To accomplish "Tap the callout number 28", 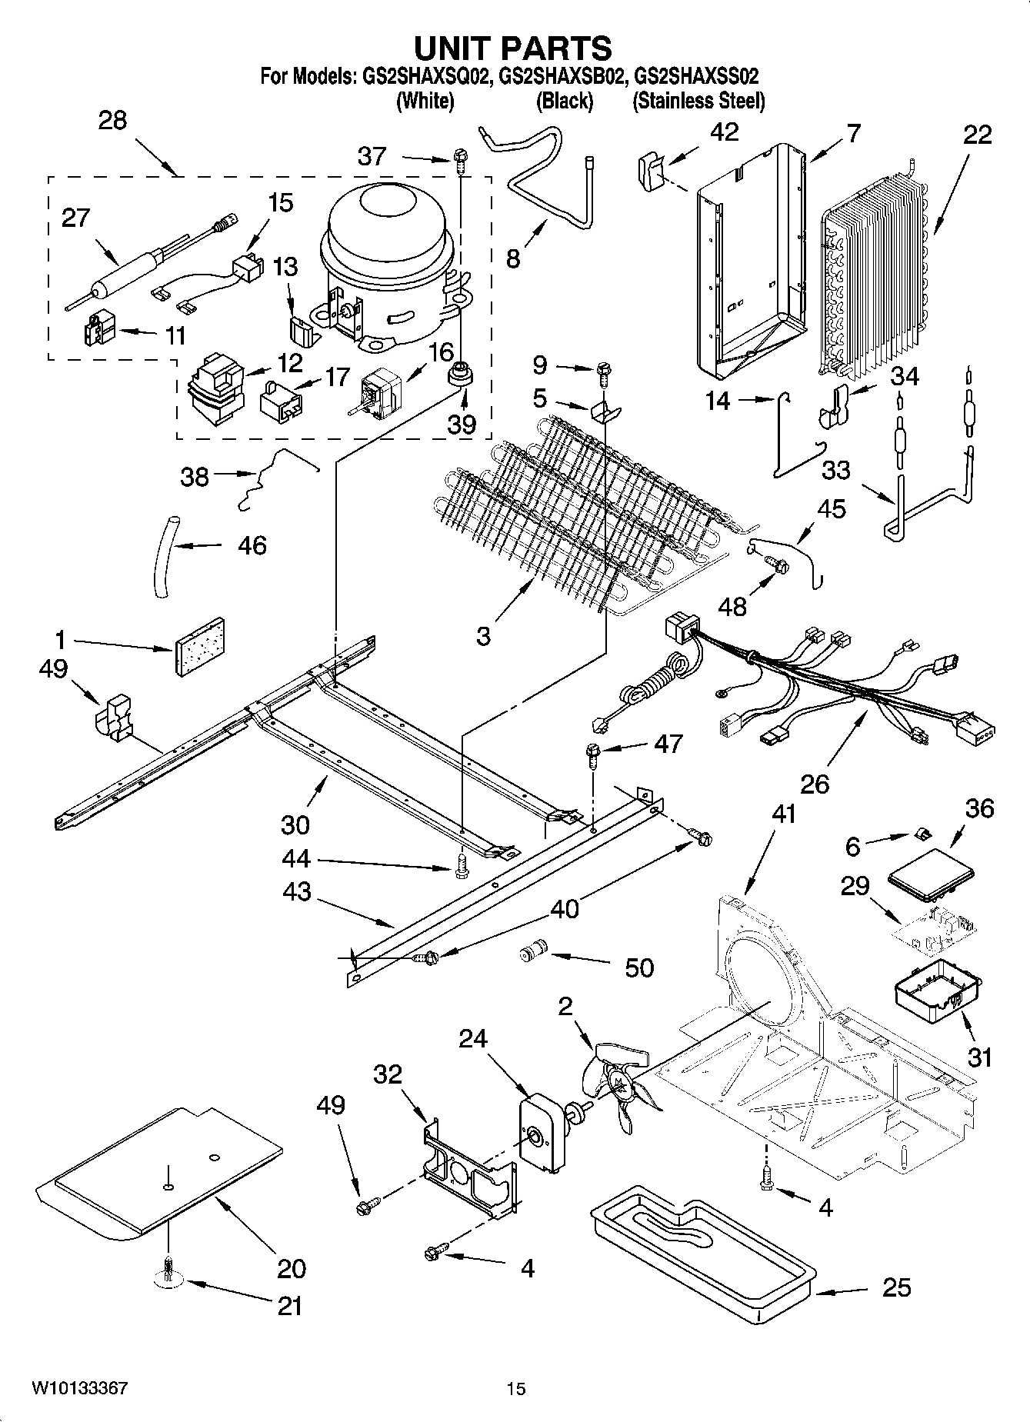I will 113,121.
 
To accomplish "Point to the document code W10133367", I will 79,1388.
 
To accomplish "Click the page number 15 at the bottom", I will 515,1388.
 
